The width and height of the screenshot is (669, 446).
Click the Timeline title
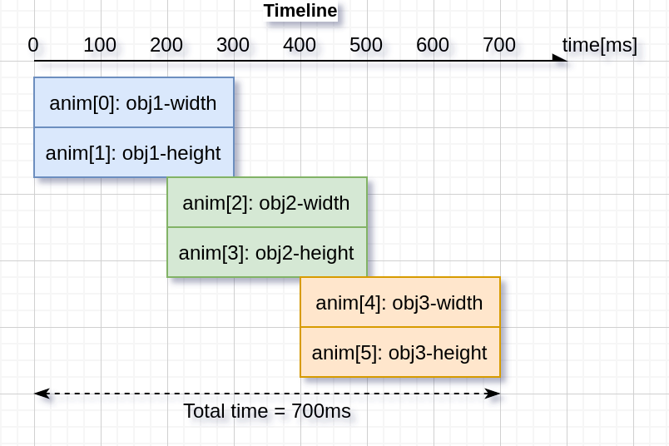tap(300, 11)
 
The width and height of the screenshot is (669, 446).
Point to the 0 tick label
tap(33, 45)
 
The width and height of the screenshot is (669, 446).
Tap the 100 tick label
tap(100, 45)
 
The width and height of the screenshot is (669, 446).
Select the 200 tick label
tap(166, 45)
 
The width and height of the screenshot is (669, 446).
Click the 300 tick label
tap(233, 45)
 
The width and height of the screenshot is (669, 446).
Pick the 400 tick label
tap(300, 45)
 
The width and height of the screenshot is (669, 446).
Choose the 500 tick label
tap(366, 45)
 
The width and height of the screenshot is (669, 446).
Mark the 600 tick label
tap(433, 45)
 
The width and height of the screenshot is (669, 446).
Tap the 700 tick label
tap(499, 45)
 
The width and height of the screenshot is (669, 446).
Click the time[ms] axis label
tap(599, 45)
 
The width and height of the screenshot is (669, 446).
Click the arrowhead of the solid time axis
tap(561, 60)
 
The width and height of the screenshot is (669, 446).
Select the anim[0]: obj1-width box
tap(133, 102)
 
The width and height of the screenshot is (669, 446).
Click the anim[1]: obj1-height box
tap(133, 153)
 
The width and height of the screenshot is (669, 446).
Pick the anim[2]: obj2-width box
tap(266, 202)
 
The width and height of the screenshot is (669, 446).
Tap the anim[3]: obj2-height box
tap(266, 253)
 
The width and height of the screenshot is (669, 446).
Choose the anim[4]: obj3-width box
tap(399, 302)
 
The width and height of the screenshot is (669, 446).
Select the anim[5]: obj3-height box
tap(399, 353)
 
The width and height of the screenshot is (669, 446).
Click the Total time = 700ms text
tap(267, 411)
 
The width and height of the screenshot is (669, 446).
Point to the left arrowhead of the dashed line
tap(41, 394)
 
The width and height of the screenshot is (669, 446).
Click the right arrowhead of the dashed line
tap(493, 394)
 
